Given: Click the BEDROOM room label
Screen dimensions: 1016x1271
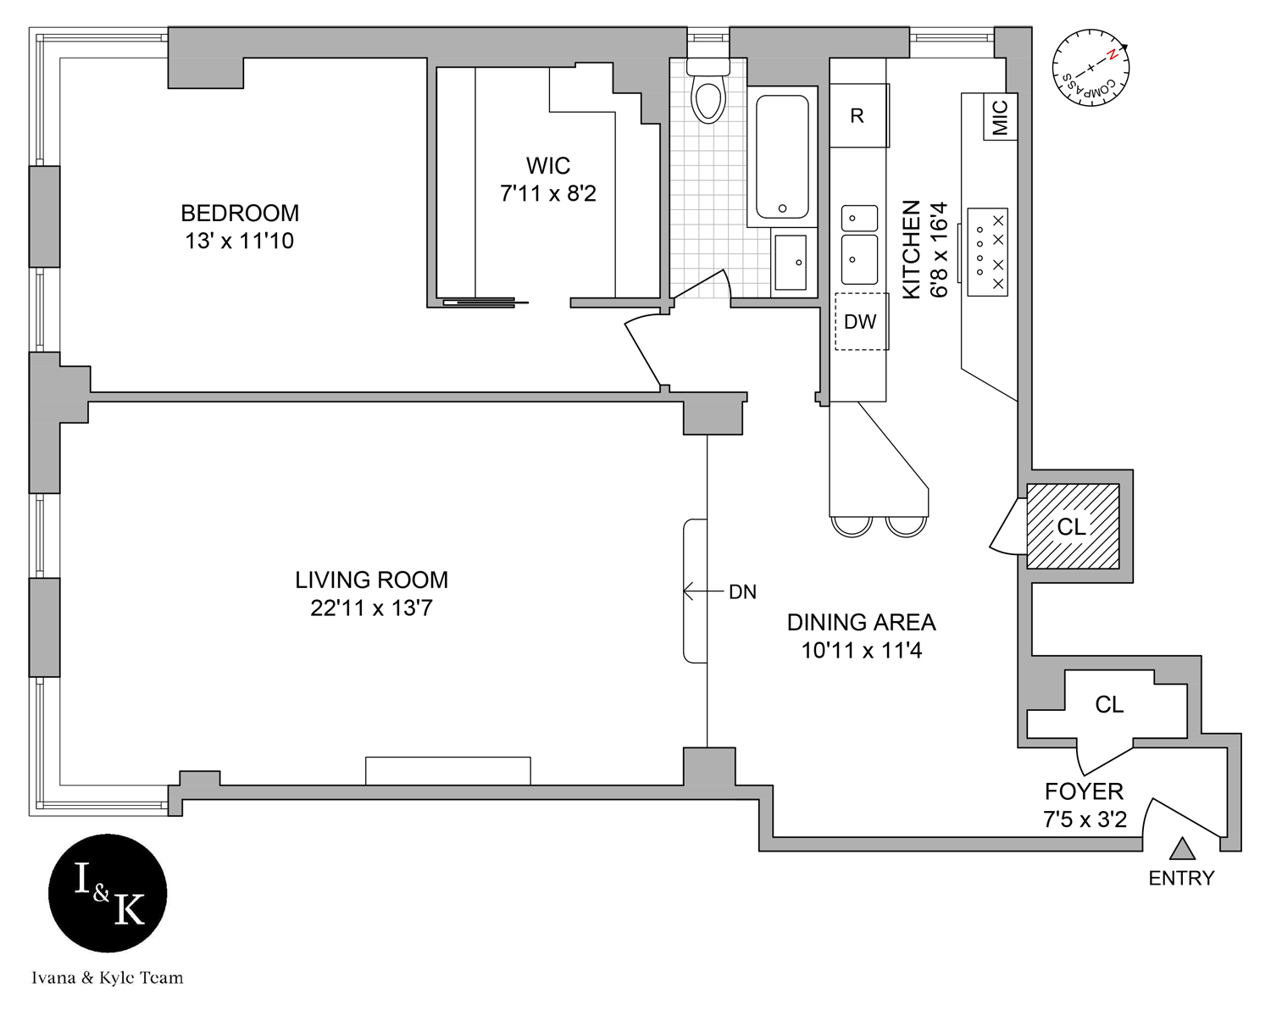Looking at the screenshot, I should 240,213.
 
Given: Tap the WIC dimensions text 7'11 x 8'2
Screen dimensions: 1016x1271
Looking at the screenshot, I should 548,194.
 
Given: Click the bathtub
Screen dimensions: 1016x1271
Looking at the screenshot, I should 781,157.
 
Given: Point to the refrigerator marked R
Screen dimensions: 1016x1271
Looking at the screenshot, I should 858,115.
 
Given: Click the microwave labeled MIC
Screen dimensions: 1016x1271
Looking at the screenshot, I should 1000,118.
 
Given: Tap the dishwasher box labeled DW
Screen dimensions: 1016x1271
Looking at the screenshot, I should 860,322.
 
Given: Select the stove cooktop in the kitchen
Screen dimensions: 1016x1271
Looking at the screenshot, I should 988,252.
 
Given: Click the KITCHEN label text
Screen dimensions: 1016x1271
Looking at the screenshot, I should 911,249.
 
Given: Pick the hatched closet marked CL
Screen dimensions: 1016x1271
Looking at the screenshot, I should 1072,526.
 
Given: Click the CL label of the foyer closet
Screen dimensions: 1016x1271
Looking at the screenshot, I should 1109,704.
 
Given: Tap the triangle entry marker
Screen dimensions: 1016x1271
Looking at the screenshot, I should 1183,847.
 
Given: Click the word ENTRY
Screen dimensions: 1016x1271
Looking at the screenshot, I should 1181,879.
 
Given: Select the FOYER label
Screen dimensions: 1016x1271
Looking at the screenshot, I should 1084,791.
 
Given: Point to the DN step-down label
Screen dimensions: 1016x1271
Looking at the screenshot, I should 742,592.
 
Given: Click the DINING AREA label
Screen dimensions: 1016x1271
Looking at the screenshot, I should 861,623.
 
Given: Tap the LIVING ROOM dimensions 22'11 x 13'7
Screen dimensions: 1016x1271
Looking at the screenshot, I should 371,608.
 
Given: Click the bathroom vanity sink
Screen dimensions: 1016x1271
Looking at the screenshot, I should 791,263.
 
